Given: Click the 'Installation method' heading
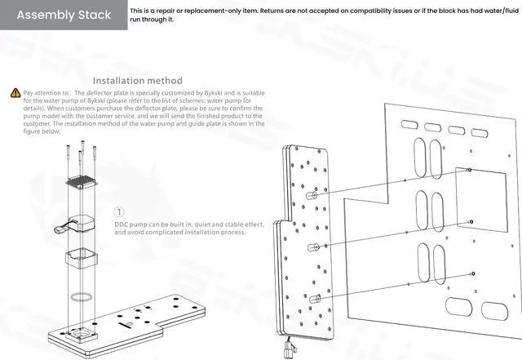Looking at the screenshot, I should [137, 81].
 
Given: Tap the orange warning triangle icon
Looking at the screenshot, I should [15, 94].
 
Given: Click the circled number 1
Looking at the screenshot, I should [121, 212].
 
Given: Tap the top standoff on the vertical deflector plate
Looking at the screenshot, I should [311, 197].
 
